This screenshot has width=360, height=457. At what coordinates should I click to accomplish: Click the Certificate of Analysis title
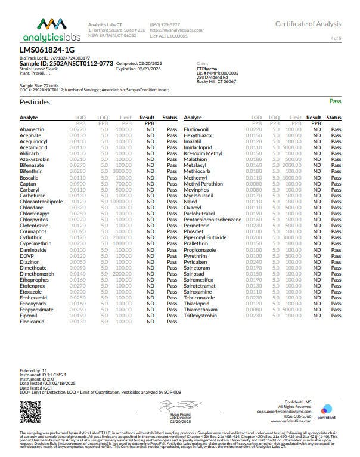pos(308,24)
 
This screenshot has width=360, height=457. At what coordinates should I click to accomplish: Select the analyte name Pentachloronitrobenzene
pos(213,220)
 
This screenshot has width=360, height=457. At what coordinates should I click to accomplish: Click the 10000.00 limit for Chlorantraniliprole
pos(122,202)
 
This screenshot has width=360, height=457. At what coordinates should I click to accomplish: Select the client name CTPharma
pos(206,69)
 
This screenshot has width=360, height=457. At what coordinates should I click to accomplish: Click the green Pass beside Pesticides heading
pos(335,102)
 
